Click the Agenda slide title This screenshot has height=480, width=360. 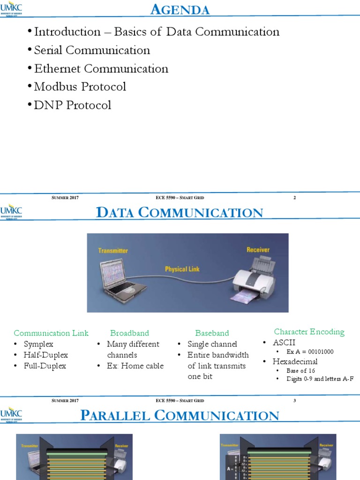click(180, 9)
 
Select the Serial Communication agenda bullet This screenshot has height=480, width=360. click(92, 50)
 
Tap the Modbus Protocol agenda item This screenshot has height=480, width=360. click(80, 87)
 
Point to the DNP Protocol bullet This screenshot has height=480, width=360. click(73, 105)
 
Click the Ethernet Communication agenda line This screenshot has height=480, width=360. click(101, 68)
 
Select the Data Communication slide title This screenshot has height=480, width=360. click(180, 212)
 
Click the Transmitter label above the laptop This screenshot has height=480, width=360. click(113, 251)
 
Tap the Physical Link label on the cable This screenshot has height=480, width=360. click(182, 269)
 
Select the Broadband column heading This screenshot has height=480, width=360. click(129, 333)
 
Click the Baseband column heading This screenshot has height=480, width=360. click(212, 333)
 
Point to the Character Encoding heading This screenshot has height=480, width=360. click(309, 332)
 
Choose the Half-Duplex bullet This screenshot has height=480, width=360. click(45, 355)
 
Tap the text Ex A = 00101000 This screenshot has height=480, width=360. click(310, 352)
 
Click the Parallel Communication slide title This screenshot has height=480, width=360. click(180, 415)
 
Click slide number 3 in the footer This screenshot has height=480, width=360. click(295, 400)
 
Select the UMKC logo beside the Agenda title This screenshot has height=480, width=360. click(11, 10)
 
